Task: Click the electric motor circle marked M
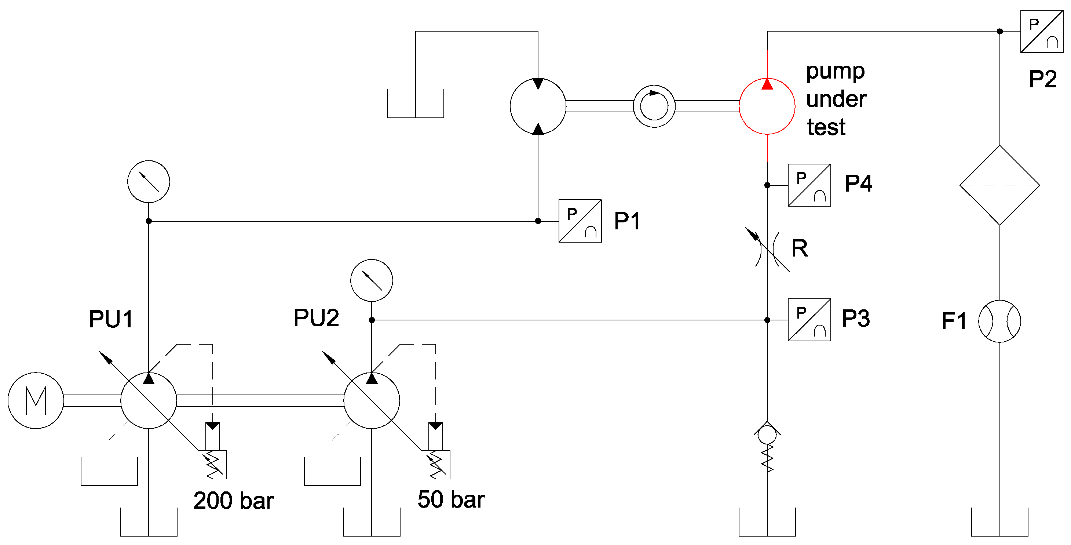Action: pyautogui.click(x=36, y=400)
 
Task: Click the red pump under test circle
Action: pyautogui.click(x=767, y=106)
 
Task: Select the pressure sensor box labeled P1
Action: pyautogui.click(x=580, y=221)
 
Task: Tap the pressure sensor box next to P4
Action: pyautogui.click(x=809, y=185)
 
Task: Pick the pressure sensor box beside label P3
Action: pyautogui.click(x=809, y=320)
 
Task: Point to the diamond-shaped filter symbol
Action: pyautogui.click(x=999, y=185)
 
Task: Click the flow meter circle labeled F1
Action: pyautogui.click(x=999, y=321)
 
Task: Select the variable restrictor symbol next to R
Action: pyautogui.click(x=767, y=249)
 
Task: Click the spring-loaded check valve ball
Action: pyautogui.click(x=767, y=435)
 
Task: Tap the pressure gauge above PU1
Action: pyautogui.click(x=149, y=181)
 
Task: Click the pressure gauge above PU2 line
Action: pyautogui.click(x=371, y=280)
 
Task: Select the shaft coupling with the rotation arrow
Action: pyautogui.click(x=654, y=106)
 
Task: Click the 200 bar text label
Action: pyautogui.click(x=233, y=501)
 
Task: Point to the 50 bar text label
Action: pyautogui.click(x=451, y=499)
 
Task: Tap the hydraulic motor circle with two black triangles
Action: pyautogui.click(x=538, y=106)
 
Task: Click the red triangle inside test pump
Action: pyautogui.click(x=767, y=85)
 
